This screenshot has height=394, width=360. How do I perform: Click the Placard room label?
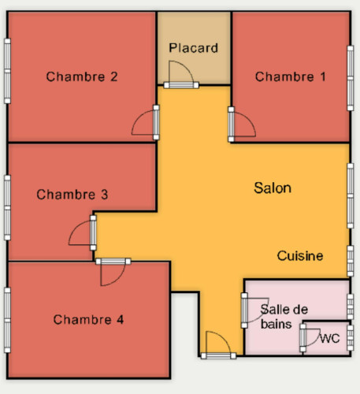[193, 48]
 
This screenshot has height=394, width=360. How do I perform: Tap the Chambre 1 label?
[291, 76]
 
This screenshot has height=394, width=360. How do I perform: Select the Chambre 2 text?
[82, 76]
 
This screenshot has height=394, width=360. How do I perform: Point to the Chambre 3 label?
[72, 195]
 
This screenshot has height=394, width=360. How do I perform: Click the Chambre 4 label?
[88, 320]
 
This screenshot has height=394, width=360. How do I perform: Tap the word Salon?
[273, 188]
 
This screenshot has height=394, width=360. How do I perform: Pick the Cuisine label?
[300, 256]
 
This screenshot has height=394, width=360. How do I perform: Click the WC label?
[330, 339]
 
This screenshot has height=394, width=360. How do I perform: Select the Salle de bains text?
[284, 317]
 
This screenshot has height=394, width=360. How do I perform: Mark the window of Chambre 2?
[7, 71]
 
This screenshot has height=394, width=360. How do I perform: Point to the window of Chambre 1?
[351, 78]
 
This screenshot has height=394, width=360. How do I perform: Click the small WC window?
[351, 338]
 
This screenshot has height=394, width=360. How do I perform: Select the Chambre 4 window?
[7, 320]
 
